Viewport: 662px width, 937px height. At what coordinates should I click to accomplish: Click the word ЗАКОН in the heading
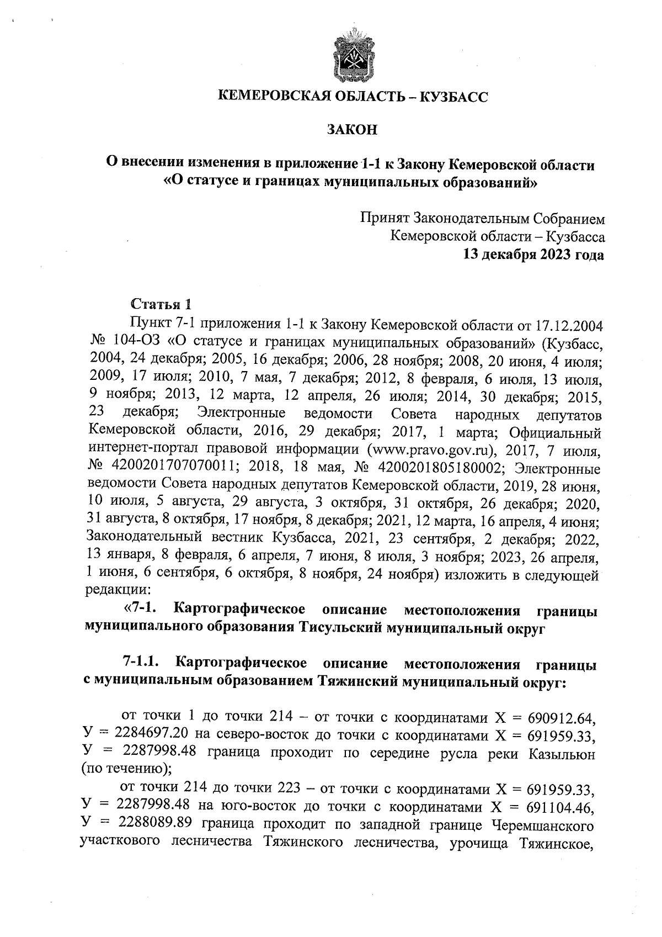[x=352, y=130]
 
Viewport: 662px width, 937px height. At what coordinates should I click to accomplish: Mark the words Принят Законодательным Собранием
[x=483, y=219]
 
